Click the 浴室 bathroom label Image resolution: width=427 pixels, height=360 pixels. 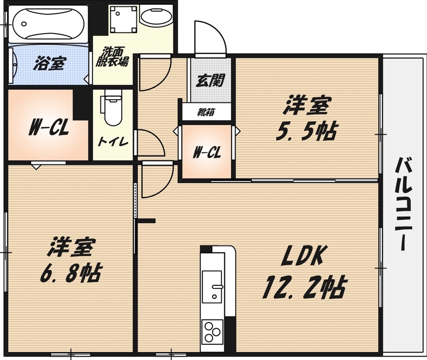coord(50,64)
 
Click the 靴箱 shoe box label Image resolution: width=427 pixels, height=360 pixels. coord(206,113)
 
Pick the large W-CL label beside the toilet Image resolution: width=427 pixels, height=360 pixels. coord(49,128)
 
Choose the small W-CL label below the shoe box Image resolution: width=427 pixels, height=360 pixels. coord(207,153)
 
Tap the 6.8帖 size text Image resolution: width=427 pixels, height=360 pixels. coord(70,272)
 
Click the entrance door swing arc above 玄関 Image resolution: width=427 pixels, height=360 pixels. coord(209,36)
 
